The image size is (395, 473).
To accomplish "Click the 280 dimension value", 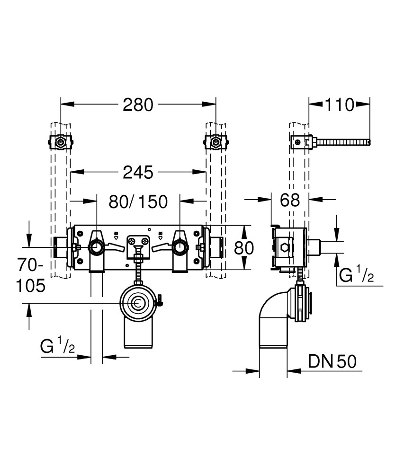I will (x=138, y=105).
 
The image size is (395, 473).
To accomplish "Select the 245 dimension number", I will (x=138, y=173).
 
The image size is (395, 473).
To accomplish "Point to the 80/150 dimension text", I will (x=138, y=202).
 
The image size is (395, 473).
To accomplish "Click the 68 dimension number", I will (x=289, y=201).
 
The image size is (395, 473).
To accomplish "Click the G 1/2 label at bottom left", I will (x=57, y=348).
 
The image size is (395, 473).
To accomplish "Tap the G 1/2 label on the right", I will (x=356, y=274).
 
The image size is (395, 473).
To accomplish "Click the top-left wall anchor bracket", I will (x=60, y=141).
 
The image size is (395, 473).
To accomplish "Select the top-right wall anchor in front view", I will (x=215, y=141).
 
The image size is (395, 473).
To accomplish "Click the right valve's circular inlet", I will (x=180, y=247).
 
